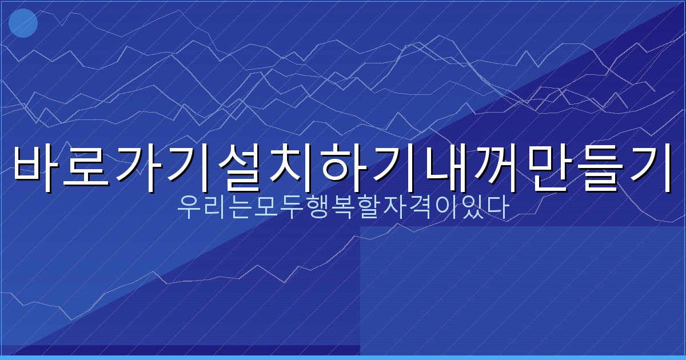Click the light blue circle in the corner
(23, 23)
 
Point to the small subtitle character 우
(187, 208)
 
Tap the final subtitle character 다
(498, 208)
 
